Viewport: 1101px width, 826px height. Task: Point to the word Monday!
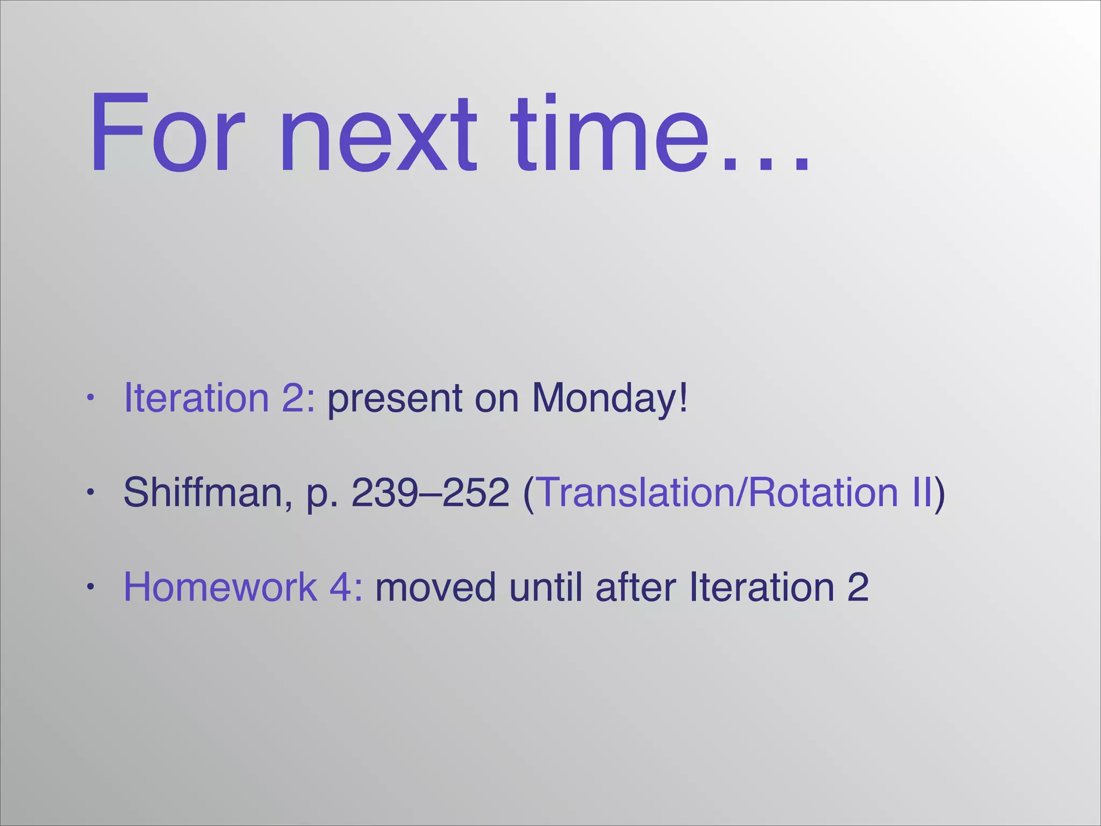coord(610,398)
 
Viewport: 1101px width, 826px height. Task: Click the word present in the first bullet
coord(395,398)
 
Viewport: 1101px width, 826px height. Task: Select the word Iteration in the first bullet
coord(196,397)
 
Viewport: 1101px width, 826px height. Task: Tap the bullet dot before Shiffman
coord(91,492)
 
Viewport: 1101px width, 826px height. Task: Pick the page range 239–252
coord(430,492)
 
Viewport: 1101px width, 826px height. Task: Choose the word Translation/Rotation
coord(718,492)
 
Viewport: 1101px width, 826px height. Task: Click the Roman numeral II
coord(921,492)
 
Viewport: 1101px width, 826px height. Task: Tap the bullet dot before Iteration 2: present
coord(91,398)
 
